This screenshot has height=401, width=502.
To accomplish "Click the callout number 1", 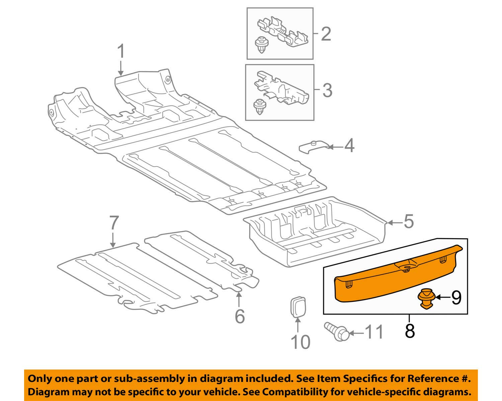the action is (x=121, y=52).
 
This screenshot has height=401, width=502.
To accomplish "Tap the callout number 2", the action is (x=326, y=34).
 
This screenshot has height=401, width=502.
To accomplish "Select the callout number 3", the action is (x=327, y=90).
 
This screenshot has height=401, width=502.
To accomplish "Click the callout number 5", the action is (x=408, y=221).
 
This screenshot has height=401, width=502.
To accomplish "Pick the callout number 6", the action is (x=240, y=316).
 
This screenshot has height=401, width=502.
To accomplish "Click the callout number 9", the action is (x=456, y=297).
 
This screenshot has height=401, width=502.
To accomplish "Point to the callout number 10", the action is (x=301, y=342).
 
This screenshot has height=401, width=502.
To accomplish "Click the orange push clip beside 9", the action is (x=426, y=302).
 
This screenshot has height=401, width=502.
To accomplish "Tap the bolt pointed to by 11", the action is (x=337, y=331).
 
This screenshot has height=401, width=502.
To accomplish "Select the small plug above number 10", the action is (x=298, y=307).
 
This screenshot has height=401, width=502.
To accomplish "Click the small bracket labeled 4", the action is (x=314, y=147).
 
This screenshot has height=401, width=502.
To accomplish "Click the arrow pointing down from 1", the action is (x=120, y=68).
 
